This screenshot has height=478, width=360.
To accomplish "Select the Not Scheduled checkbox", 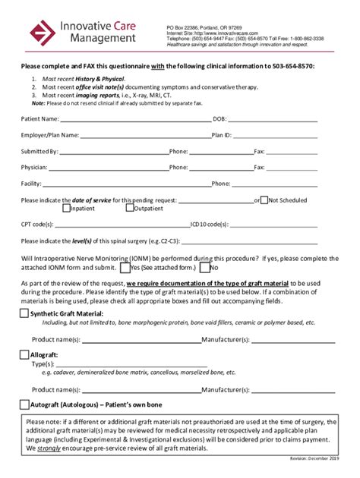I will coord(264,200).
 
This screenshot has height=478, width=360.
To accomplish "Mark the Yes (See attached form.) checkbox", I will coord(124,267).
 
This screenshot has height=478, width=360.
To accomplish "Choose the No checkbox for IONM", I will coord(204,267).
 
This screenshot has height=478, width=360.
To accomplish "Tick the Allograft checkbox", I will coord(24,354).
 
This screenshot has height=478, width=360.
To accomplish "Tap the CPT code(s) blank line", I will coord(121,225).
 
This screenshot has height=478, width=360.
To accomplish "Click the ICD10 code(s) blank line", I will coord(273,225).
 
